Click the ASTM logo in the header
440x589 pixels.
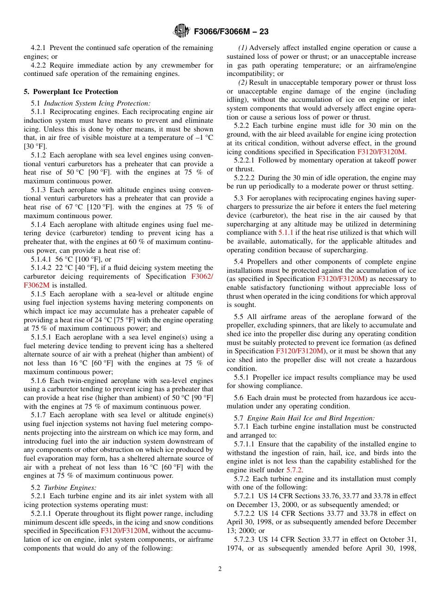[182, 31]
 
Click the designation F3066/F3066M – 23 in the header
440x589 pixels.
[231, 31]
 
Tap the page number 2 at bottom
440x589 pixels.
[220, 569]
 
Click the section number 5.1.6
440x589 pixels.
[40, 381]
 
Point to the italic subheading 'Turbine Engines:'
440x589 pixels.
[70, 487]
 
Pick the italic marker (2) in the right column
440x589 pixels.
[243, 82]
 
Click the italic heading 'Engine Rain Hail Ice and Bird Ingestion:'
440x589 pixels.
[311, 418]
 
